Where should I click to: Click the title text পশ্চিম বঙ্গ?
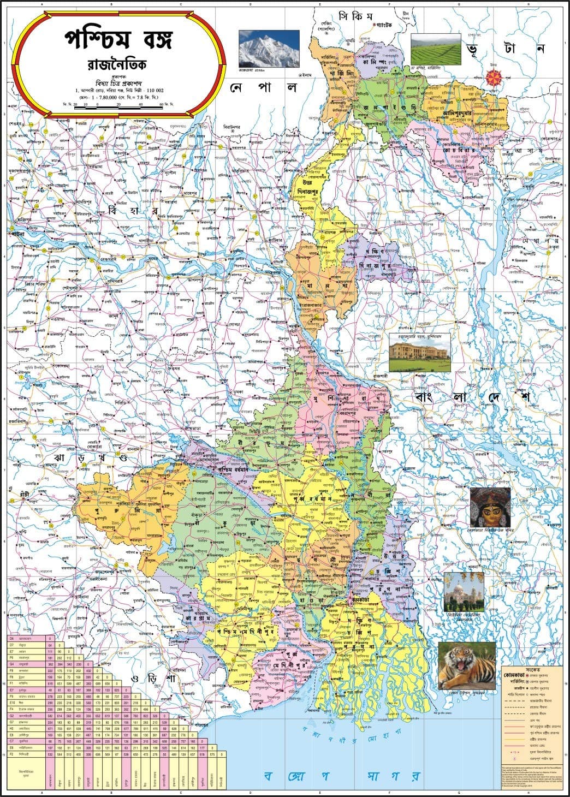pos(118,39)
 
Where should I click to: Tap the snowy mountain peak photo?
pos(269,49)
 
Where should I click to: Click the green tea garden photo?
pos(435,49)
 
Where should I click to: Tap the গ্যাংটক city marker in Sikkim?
pos(373,25)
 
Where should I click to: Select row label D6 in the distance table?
pos(11,638)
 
